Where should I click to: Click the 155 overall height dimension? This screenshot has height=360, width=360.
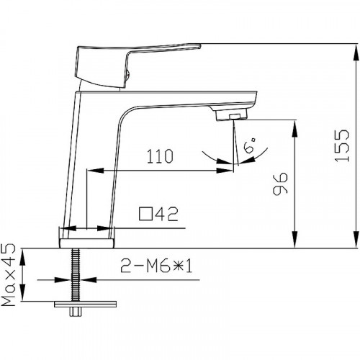point(342,145)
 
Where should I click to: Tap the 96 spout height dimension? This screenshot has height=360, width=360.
point(280,184)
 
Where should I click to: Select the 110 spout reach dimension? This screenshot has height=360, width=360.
point(160,156)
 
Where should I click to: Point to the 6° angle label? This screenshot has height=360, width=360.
point(250,145)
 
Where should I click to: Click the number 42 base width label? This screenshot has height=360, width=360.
point(166,214)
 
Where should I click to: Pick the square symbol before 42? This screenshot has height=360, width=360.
point(145,214)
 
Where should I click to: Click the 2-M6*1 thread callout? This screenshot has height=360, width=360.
point(156,266)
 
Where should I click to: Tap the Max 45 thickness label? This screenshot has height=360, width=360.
point(9,275)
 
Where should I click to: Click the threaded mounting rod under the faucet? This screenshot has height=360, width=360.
point(76,274)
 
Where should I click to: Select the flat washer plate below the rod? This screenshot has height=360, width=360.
point(85,304)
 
